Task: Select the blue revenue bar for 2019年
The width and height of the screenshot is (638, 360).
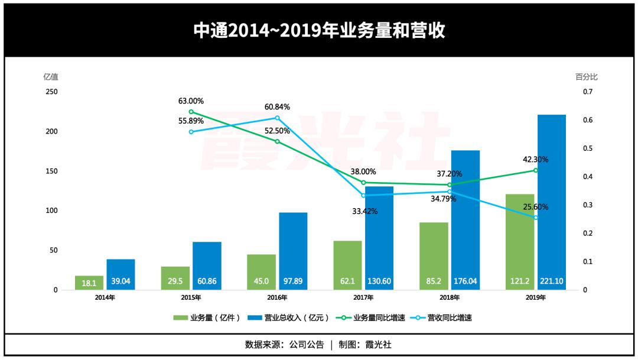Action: tap(552, 201)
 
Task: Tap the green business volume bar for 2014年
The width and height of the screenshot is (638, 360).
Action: tap(89, 283)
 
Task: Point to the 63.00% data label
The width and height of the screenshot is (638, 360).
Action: tap(191, 101)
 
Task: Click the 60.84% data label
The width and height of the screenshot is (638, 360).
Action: tap(277, 107)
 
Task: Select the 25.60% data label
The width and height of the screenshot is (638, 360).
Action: tap(536, 207)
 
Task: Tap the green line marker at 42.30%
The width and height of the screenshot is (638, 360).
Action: tap(536, 170)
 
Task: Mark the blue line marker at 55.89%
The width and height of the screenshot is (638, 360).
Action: tap(191, 132)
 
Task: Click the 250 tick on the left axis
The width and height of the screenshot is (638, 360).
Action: tap(52, 92)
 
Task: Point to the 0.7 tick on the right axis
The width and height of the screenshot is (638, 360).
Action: tap(587, 92)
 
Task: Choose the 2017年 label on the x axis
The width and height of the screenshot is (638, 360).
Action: tap(363, 297)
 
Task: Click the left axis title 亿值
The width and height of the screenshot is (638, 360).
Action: tap(51, 77)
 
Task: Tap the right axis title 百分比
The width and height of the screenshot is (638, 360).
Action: tap(587, 77)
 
